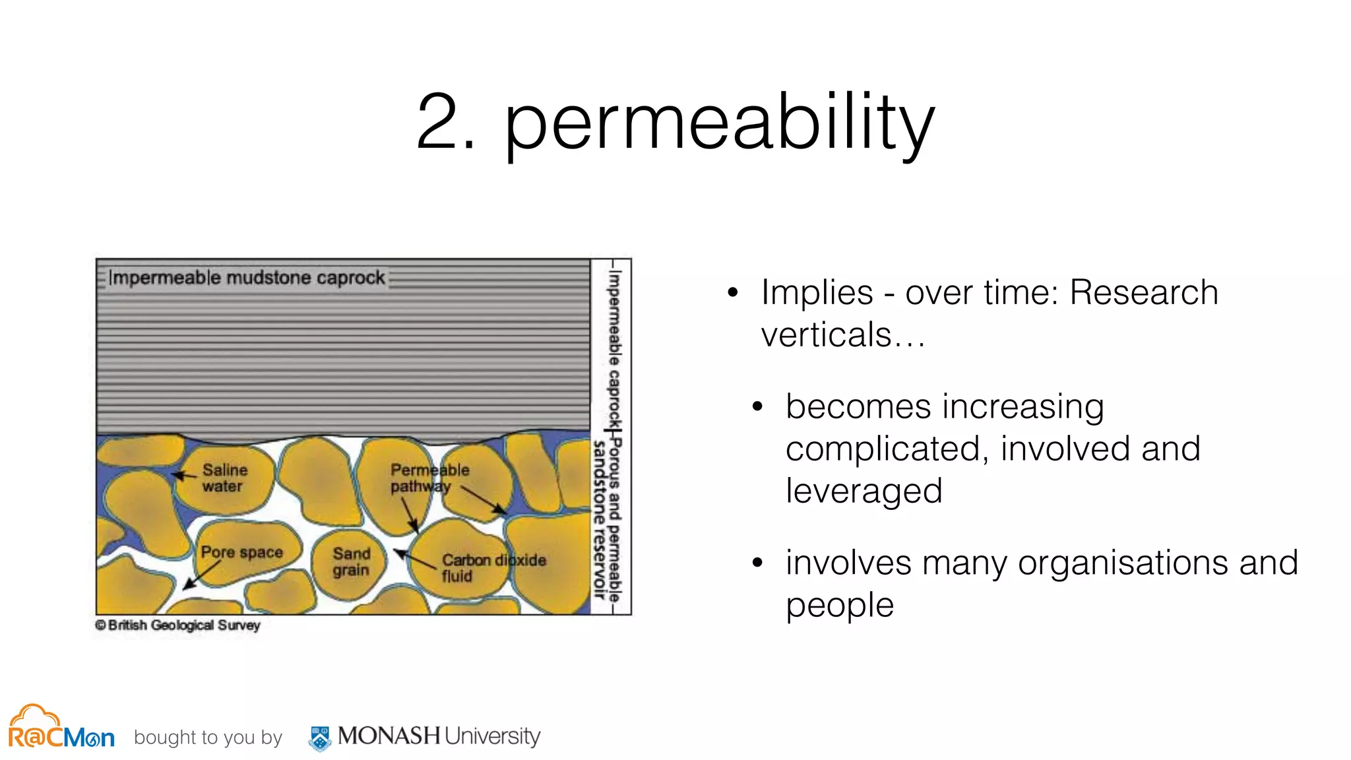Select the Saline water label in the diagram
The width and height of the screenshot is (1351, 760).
(x=224, y=478)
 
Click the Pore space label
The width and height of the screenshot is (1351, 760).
(x=241, y=552)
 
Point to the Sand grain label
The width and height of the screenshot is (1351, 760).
(x=351, y=562)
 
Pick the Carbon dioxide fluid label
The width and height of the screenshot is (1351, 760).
(x=493, y=568)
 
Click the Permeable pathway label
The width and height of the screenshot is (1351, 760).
(x=429, y=478)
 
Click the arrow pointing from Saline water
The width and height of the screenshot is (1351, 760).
(x=185, y=475)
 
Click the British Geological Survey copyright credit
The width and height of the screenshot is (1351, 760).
(x=178, y=625)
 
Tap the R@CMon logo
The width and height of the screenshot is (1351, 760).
(x=61, y=728)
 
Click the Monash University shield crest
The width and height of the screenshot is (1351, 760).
(x=321, y=738)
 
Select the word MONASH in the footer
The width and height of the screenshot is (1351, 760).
(x=389, y=736)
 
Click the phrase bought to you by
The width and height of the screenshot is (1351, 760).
(x=208, y=738)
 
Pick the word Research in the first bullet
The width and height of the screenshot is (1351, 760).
(x=1143, y=293)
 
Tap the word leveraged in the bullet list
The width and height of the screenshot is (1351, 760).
(x=864, y=491)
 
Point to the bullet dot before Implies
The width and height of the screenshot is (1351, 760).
(x=733, y=293)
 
